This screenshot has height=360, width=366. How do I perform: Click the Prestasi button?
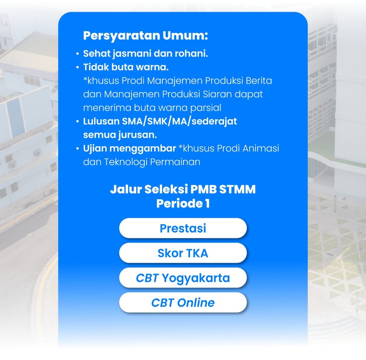point(183,228)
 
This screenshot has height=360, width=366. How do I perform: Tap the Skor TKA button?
point(183,253)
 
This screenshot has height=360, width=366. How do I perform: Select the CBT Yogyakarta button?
point(183,278)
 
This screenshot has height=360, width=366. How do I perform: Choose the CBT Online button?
point(183,302)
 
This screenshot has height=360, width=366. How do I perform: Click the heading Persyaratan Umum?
point(145,36)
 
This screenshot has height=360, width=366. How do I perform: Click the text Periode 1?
point(183,203)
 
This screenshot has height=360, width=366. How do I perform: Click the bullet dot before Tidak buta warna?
point(78,67)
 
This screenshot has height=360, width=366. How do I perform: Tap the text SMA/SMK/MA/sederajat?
point(179,121)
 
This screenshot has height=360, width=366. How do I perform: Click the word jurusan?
point(138,135)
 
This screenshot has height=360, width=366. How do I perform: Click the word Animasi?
point(261,148)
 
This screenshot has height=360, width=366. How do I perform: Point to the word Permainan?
point(175,162)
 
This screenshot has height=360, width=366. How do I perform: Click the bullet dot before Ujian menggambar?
point(78,149)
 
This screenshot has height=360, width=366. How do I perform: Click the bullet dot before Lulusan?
point(78,121)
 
